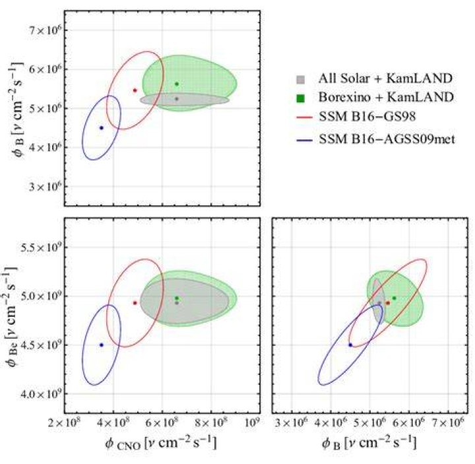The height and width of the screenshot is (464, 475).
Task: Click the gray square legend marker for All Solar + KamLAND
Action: pos(300,79)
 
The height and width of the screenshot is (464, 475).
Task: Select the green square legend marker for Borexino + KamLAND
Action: pos(300,98)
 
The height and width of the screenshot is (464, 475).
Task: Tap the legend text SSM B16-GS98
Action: pos(367,117)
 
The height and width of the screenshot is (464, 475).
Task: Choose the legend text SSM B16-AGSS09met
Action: pos(387,139)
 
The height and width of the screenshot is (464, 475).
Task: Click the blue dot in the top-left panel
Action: pos(102,128)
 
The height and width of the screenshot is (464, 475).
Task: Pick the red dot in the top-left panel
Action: pos(135,90)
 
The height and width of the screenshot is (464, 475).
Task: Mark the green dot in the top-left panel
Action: pos(177,84)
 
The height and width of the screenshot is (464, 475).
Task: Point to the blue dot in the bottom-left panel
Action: pos(102,345)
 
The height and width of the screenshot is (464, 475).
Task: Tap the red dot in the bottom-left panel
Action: pos(135,303)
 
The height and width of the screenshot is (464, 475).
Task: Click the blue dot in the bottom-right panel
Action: pos(350,345)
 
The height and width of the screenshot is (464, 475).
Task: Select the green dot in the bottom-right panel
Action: pos(394,298)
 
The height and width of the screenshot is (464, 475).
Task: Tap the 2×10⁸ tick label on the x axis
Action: pos(64,423)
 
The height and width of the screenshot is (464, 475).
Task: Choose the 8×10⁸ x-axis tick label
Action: pos(211,423)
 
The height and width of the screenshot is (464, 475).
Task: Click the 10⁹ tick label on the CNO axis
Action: pos(252,423)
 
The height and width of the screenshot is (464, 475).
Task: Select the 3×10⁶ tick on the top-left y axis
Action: pos(44,186)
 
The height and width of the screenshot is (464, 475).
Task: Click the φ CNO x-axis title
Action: pos(160,444)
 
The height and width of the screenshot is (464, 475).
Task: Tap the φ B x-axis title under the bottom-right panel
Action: pos(369,444)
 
